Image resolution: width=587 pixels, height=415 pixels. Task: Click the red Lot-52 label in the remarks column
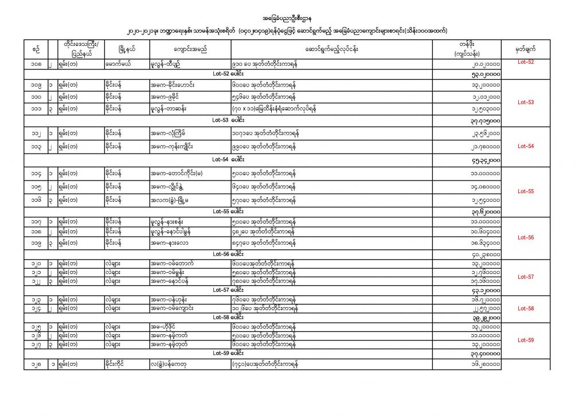(x=526, y=61)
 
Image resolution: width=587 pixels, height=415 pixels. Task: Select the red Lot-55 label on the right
(x=526, y=191)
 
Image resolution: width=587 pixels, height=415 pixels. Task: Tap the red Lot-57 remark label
(x=526, y=277)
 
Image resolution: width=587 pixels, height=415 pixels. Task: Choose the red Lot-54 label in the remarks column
(x=526, y=146)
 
